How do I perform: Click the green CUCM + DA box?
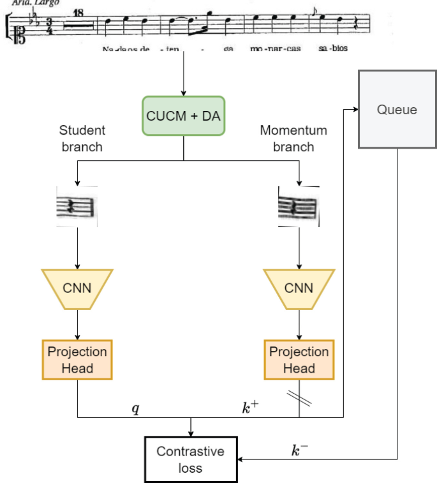pyautogui.click(x=184, y=116)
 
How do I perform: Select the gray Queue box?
pyautogui.click(x=396, y=109)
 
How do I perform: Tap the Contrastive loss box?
pyautogui.click(x=190, y=459)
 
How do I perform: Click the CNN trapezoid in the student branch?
pyautogui.click(x=77, y=288)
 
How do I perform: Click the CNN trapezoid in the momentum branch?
pyautogui.click(x=299, y=288)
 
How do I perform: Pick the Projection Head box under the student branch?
pyautogui.click(x=77, y=360)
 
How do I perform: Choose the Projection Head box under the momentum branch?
pyautogui.click(x=299, y=360)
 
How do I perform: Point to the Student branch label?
pyautogui.click(x=82, y=138)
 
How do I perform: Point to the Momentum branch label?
pyautogui.click(x=293, y=138)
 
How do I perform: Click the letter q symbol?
pyautogui.click(x=135, y=409)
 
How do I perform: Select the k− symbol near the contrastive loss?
pyautogui.click(x=299, y=451)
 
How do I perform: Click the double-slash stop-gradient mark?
pyautogui.click(x=299, y=397)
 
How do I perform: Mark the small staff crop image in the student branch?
pyautogui.click(x=77, y=207)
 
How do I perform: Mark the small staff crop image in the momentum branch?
pyautogui.click(x=298, y=207)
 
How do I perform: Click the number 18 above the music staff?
pyautogui.click(x=78, y=12)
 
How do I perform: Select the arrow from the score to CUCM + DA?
pyautogui.click(x=184, y=73)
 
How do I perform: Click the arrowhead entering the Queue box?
pyautogui.click(x=353, y=109)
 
